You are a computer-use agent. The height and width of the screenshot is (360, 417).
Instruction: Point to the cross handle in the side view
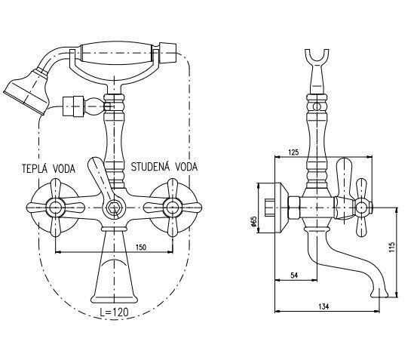(x=360, y=205)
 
